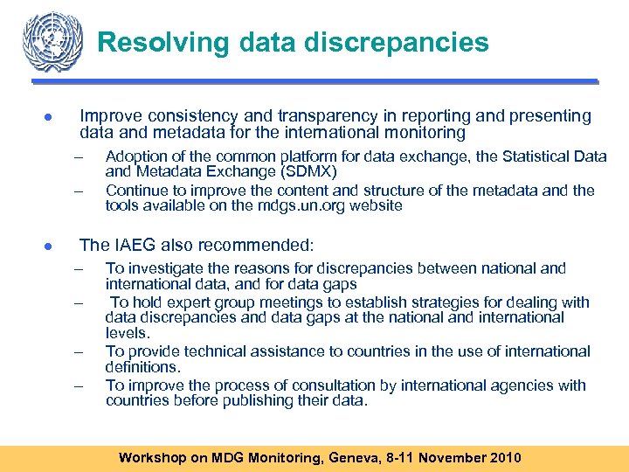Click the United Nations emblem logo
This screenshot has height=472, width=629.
click(x=54, y=41)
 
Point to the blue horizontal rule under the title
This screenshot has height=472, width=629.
click(x=314, y=82)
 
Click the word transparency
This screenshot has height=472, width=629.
click(x=280, y=116)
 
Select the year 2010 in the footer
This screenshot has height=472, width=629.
click(x=503, y=457)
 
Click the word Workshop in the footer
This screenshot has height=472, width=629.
click(x=151, y=457)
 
